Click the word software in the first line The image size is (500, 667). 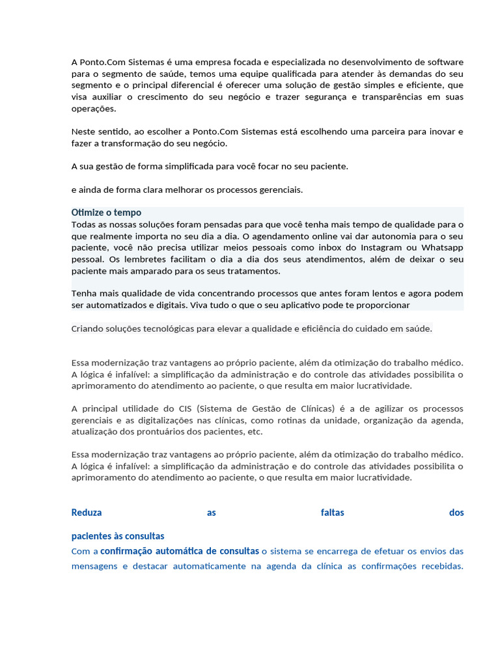445,62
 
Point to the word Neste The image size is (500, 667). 83,132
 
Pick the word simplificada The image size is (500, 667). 183,166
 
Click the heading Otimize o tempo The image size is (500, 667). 106,212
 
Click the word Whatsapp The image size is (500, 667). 442,248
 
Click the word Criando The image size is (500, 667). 88,329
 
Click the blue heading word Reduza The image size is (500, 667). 87,513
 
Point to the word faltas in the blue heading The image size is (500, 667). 332,513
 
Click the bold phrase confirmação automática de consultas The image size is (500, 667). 179,551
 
